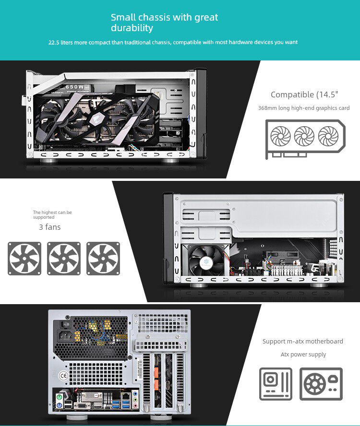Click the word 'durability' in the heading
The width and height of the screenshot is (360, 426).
click(132, 28)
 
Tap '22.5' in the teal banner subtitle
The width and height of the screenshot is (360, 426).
click(55, 42)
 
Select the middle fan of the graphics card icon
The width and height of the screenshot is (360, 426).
click(304, 136)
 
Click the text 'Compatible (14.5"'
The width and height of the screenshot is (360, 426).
click(304, 95)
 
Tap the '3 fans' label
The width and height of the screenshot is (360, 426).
click(50, 227)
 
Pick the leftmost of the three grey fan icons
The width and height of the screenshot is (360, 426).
click(24, 259)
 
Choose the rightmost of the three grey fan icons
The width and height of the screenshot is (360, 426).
click(103, 259)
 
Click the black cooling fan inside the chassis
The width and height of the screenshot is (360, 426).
click(206, 260)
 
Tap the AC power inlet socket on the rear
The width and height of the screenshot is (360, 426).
click(66, 336)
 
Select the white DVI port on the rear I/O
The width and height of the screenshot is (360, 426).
click(90, 396)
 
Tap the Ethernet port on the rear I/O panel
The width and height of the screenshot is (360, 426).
click(125, 396)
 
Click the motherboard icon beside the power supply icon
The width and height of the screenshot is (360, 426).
click(276, 384)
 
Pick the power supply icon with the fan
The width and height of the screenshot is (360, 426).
click(321, 384)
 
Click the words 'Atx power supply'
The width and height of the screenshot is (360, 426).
click(303, 355)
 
